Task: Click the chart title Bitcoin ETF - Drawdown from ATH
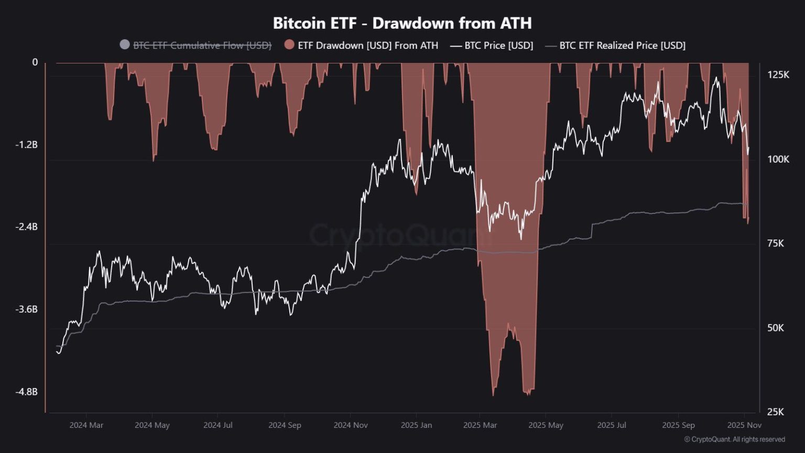[402, 23]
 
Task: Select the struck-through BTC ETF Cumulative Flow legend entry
[202, 46]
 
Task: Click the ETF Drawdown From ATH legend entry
[367, 46]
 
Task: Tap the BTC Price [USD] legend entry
[498, 46]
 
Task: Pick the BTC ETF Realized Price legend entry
[622, 46]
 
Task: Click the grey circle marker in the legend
[125, 45]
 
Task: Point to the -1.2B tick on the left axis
[26, 145]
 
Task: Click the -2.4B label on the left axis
[26, 227]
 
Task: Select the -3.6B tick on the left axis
[26, 309]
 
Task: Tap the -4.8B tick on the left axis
[26, 392]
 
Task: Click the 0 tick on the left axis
[35, 62]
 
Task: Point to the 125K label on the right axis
[778, 75]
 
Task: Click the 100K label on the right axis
[778, 159]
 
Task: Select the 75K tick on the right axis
[775, 243]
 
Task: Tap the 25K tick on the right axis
[775, 412]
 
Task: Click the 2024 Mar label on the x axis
[86, 425]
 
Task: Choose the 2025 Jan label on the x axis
[416, 425]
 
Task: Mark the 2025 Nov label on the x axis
[744, 425]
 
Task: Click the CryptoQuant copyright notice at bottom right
[734, 439]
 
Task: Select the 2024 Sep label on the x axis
[285, 425]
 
